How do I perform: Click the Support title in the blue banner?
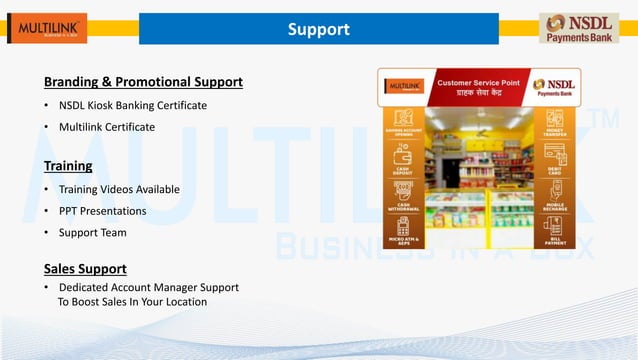click(318, 29)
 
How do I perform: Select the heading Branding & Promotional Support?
click(143, 81)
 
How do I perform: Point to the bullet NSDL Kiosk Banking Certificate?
click(133, 105)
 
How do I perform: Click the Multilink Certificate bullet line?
click(107, 127)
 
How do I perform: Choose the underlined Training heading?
click(68, 165)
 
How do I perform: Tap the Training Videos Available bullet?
click(119, 189)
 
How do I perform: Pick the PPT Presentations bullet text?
click(102, 211)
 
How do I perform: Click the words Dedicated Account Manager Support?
click(148, 287)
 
